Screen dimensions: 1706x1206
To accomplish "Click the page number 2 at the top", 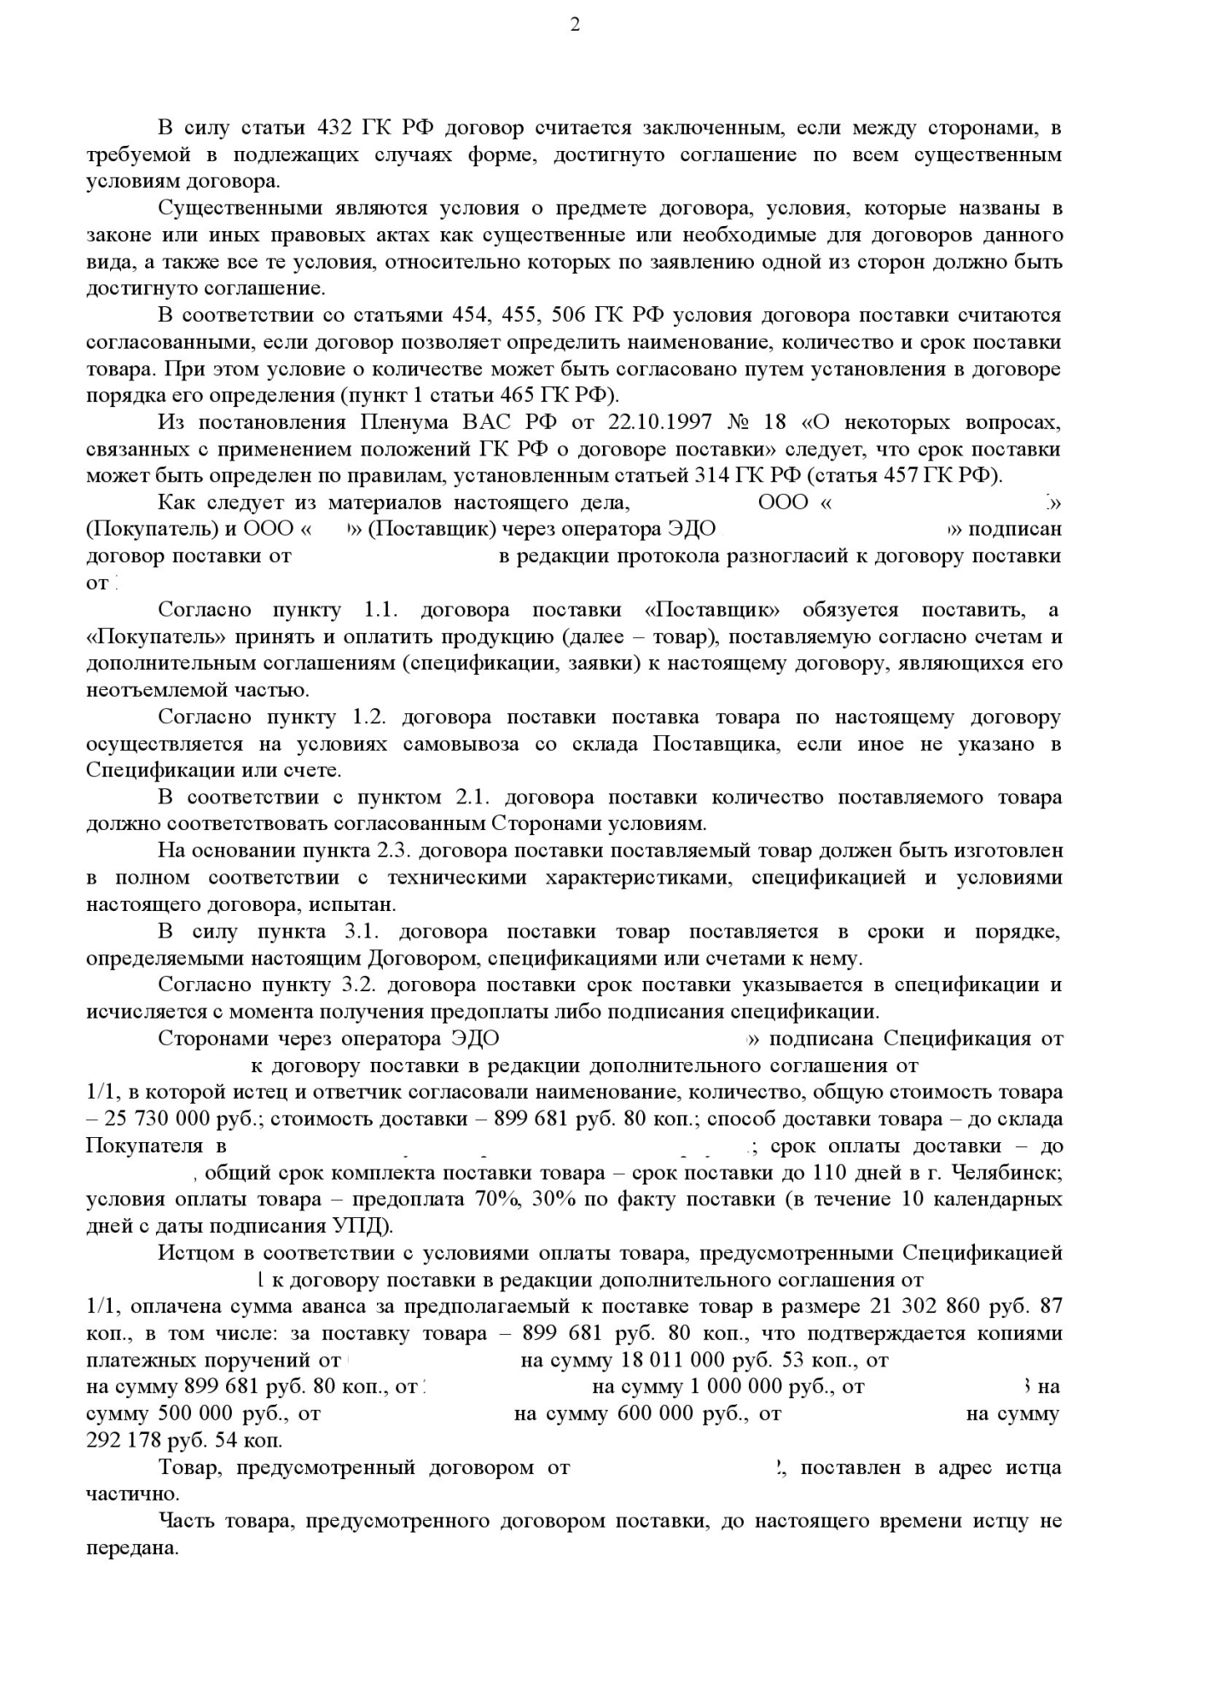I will coord(575,25).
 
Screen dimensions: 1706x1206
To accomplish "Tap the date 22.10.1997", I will coord(658,423).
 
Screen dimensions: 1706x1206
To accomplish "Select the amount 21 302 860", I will coord(924,1307).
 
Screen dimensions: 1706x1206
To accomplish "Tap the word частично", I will coord(131,1494).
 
